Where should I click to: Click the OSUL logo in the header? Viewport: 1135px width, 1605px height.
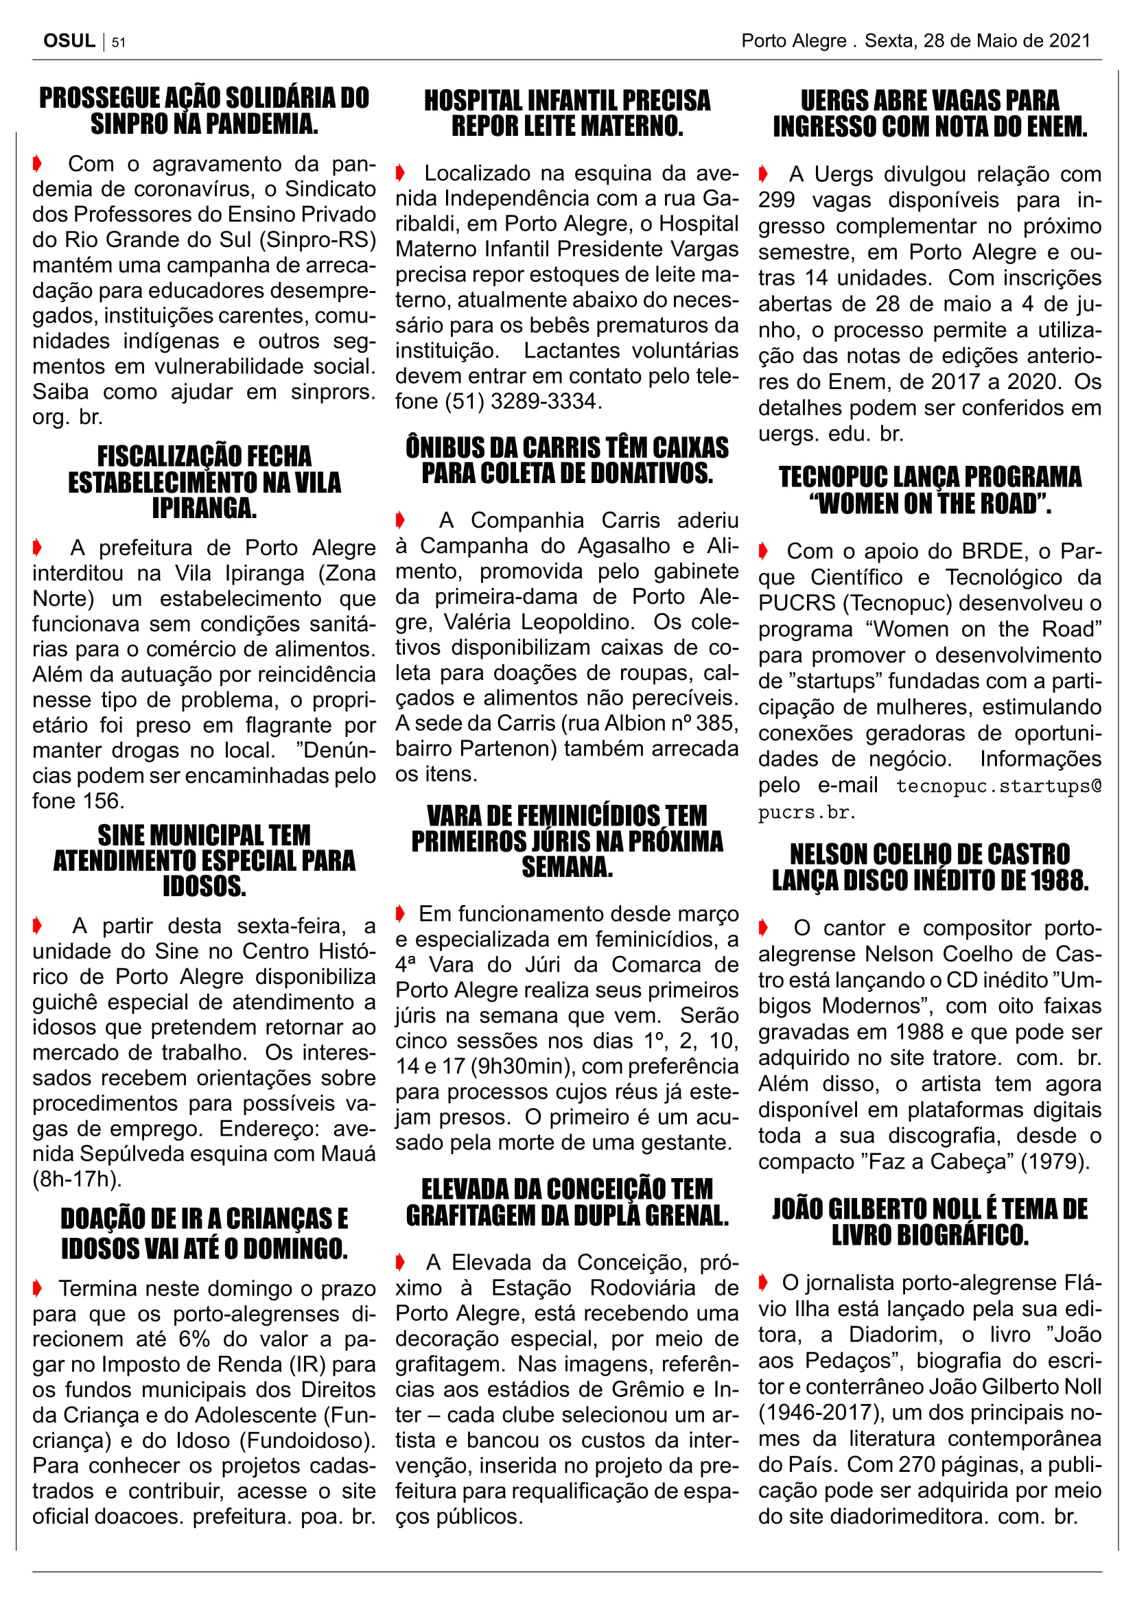[69, 40]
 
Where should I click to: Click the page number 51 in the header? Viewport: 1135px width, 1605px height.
[119, 42]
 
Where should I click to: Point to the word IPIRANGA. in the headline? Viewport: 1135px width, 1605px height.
[204, 508]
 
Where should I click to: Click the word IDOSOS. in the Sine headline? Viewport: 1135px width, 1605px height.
[204, 887]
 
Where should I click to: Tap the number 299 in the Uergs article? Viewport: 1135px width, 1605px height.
[777, 200]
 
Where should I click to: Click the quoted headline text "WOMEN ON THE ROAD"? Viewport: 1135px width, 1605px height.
[931, 503]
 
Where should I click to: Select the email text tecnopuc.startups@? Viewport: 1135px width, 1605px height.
[998, 786]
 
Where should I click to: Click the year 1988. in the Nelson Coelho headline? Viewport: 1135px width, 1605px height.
[1055, 880]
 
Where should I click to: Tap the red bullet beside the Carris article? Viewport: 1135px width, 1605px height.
[401, 520]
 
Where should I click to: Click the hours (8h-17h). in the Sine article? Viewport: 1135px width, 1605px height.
[77, 1180]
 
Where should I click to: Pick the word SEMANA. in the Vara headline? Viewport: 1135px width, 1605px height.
[567, 867]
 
